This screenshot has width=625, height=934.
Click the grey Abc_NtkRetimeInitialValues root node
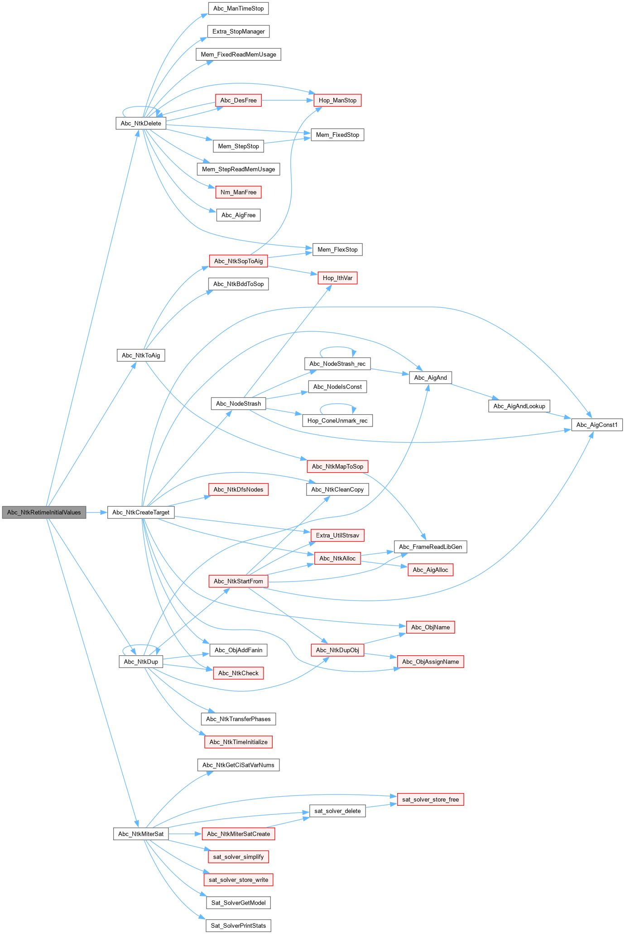(x=44, y=513)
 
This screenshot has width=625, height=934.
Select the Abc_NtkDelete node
(x=141, y=123)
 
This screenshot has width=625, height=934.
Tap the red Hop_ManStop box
(x=337, y=100)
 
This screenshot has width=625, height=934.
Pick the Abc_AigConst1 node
(x=597, y=425)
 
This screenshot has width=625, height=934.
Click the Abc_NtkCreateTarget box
(x=141, y=513)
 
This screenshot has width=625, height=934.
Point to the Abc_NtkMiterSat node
(x=141, y=834)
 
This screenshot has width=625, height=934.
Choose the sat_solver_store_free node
(x=430, y=799)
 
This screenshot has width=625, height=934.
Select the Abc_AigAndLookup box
(x=519, y=406)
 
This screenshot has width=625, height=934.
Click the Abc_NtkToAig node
(x=141, y=355)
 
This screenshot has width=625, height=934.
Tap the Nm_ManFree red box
(x=238, y=192)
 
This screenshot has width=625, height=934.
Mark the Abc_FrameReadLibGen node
(x=430, y=547)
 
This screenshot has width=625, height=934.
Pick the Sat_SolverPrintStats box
(x=238, y=925)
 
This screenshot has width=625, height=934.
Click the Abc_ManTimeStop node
(x=238, y=9)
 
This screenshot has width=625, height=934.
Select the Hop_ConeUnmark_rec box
(x=337, y=421)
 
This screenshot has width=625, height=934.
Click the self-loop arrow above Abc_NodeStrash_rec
(x=337, y=347)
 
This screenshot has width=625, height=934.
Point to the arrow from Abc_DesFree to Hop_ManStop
(x=287, y=100)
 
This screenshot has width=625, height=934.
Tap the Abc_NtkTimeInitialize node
(x=238, y=742)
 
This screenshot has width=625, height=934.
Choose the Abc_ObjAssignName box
(x=430, y=662)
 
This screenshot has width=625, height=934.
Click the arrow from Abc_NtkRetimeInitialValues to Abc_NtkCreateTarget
(x=96, y=513)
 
